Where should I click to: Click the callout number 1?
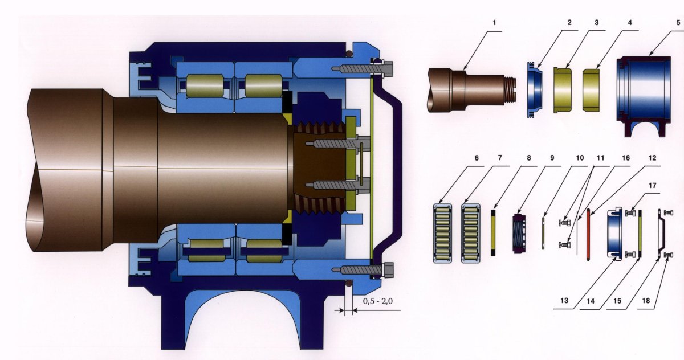(494, 23)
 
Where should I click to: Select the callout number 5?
(678, 23)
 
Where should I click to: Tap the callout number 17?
(652, 186)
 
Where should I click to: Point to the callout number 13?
(564, 301)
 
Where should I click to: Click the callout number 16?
(626, 158)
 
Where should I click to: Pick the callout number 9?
(552, 158)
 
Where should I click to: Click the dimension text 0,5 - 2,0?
(378, 301)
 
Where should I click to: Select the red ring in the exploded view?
(588, 234)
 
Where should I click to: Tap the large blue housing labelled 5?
(644, 96)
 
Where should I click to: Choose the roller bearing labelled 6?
(443, 234)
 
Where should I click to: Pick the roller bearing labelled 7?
(471, 234)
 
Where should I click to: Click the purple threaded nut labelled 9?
(519, 234)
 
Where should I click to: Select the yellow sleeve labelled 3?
(563, 89)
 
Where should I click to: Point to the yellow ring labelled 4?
(591, 89)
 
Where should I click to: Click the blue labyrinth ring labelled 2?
(535, 89)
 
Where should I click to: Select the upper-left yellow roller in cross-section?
(204, 86)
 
